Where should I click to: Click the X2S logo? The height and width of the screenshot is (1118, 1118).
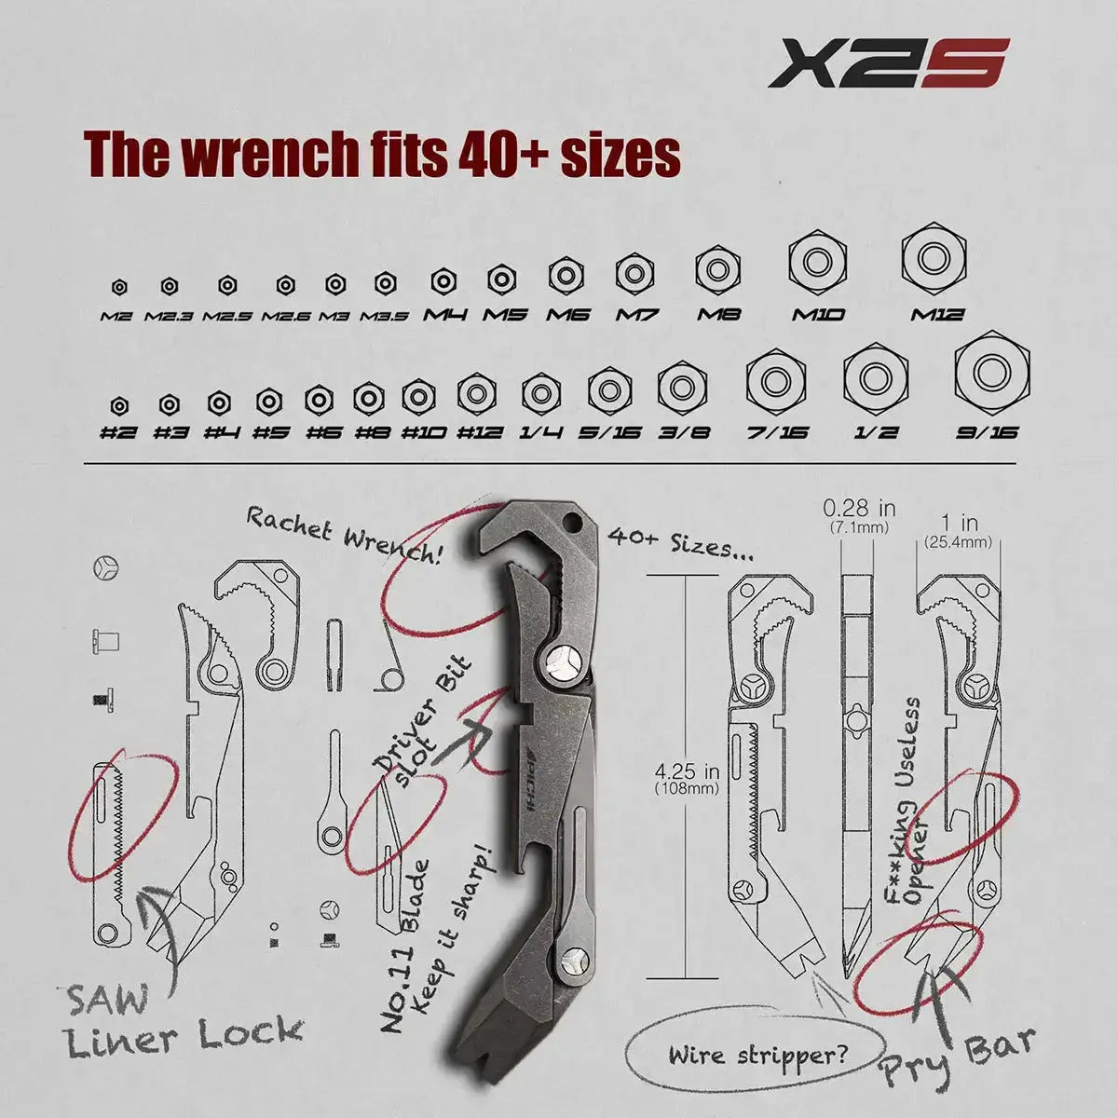coord(888,63)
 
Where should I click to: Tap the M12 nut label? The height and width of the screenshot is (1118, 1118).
coord(937,315)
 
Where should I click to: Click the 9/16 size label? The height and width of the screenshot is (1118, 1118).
coord(987,432)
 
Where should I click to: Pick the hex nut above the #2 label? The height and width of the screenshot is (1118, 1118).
coord(119,405)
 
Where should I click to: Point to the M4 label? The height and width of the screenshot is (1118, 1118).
coord(445,315)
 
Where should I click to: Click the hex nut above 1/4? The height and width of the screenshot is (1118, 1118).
coord(540,391)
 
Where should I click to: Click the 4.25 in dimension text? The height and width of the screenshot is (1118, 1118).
coord(687,779)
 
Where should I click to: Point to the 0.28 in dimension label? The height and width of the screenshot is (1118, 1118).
coord(859,515)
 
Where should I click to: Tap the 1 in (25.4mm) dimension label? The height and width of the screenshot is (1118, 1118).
coord(958,531)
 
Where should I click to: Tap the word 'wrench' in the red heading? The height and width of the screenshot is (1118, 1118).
coord(266,155)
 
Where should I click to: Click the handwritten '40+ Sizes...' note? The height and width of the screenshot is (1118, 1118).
coord(680,545)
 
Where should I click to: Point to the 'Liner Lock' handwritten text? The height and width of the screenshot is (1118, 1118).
coord(184,1036)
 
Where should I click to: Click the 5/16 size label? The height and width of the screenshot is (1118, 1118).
coord(609,432)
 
